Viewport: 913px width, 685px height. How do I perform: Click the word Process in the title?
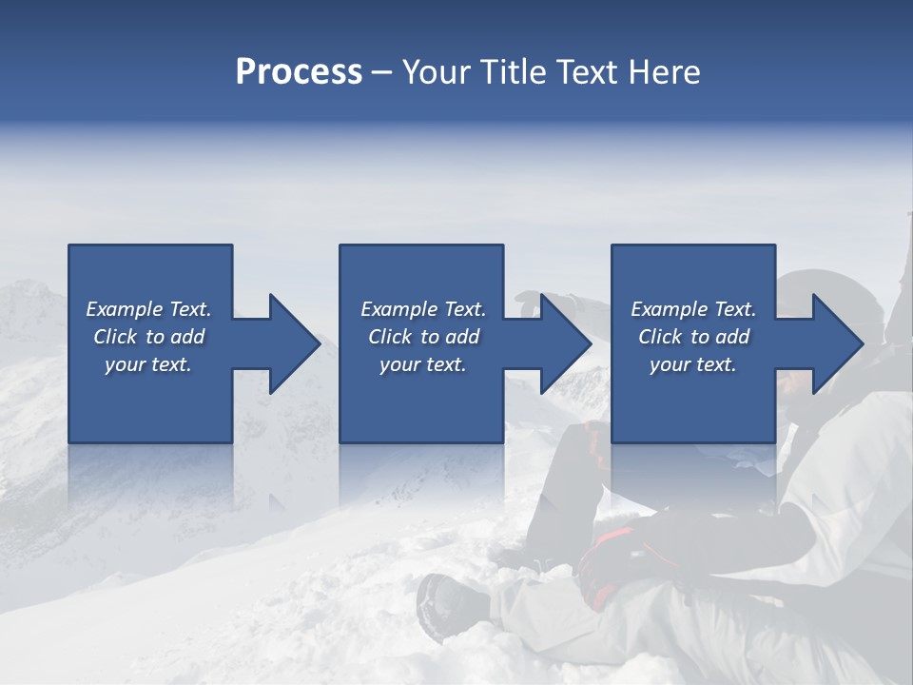[x=299, y=72]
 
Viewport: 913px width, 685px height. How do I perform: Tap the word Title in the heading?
[x=515, y=72]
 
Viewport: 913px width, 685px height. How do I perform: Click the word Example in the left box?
[x=125, y=309]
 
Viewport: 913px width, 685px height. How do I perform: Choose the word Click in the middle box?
[x=389, y=337]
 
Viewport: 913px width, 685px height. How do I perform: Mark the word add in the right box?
[x=732, y=337]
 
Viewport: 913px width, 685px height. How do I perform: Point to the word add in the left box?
[x=187, y=337]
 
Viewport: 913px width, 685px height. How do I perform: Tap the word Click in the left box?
[x=114, y=337]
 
